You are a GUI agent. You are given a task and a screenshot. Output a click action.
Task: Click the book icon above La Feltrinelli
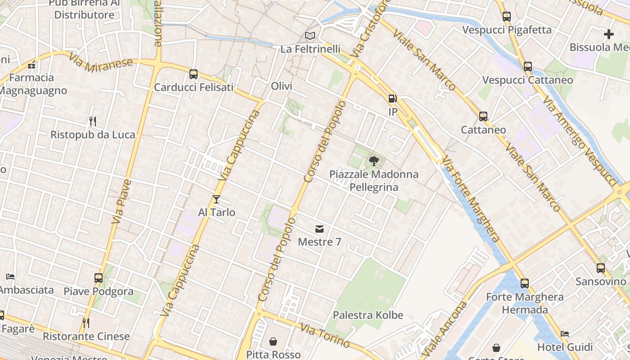click(310, 36)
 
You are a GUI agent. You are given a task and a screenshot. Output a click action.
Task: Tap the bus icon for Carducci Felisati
click(193, 74)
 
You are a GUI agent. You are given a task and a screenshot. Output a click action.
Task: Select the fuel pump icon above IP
click(393, 99)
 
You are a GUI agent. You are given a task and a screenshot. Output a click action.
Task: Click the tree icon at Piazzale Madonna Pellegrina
click(373, 161)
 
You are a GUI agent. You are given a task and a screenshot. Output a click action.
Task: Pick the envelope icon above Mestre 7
click(319, 229)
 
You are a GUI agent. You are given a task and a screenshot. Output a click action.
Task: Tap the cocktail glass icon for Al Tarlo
click(216, 199)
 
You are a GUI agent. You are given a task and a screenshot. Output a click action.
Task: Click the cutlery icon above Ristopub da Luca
click(93, 121)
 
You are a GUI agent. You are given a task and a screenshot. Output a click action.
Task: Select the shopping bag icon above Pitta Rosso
click(273, 342)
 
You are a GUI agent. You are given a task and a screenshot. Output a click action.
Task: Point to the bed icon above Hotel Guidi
click(565, 334)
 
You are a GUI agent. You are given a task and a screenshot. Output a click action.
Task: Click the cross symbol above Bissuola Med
click(609, 34)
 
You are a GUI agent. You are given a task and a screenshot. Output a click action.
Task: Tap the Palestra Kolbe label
click(368, 315)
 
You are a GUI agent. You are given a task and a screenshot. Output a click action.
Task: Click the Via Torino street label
click(325, 336)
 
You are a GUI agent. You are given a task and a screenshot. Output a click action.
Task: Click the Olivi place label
click(282, 86)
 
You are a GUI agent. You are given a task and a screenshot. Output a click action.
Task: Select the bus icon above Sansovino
click(601, 268)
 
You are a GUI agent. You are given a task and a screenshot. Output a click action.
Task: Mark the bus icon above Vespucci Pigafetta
click(507, 17)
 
